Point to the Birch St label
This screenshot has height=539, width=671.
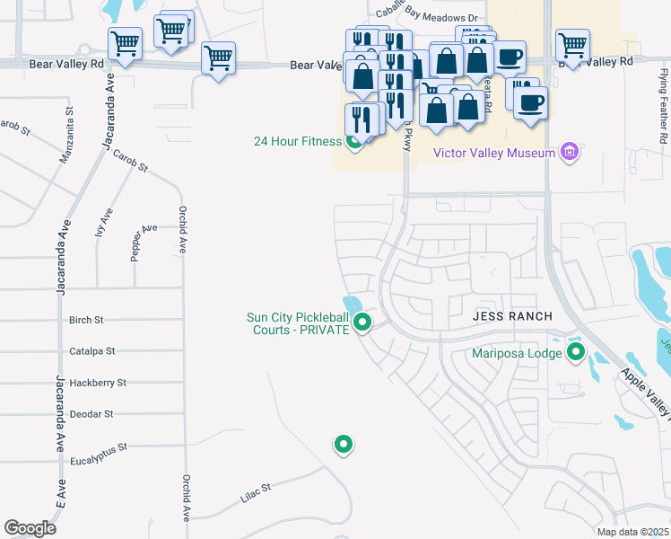point(86,320)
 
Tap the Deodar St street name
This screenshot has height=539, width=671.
point(91,414)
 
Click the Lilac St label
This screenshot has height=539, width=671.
point(254,490)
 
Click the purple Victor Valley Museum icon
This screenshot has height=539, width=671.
point(569,152)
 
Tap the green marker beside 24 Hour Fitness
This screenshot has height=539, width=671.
point(354,141)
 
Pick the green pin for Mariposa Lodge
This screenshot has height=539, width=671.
point(576,353)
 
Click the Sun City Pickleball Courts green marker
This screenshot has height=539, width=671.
point(362,322)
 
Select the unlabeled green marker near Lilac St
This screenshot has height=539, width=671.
point(343,443)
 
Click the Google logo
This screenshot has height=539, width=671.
point(30,528)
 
